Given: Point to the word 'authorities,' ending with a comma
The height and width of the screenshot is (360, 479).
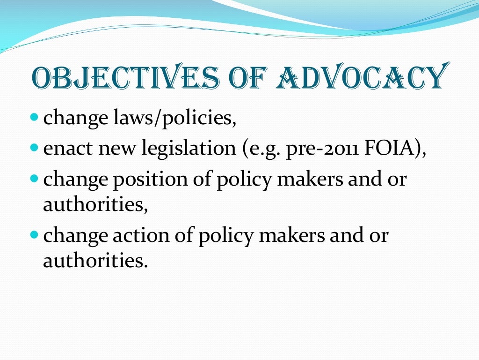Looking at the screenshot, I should click(x=95, y=205).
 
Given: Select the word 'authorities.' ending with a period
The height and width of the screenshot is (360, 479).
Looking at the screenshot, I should click(x=95, y=260).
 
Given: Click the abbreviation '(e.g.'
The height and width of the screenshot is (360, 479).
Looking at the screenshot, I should click(x=262, y=150).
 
